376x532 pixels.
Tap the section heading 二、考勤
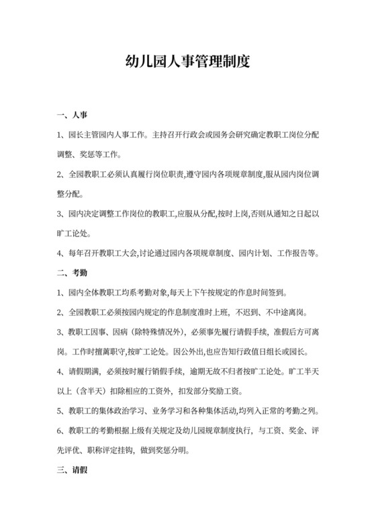coord(74,273)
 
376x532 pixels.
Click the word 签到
coord(277,293)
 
